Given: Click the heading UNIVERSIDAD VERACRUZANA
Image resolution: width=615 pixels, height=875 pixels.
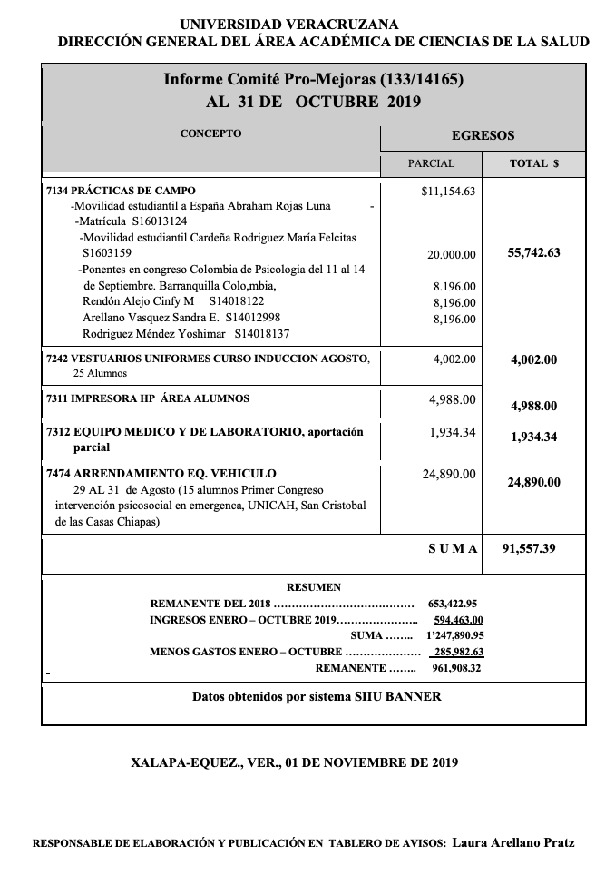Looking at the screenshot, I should pos(288,25).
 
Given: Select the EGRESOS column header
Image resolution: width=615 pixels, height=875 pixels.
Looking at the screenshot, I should pos(483,135).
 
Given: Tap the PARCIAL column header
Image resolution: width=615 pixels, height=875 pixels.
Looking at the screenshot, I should pos(431,163).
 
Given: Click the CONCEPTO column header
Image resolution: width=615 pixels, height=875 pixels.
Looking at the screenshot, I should pos(210,133).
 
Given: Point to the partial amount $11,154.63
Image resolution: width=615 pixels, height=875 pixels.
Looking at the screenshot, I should pos(448,192).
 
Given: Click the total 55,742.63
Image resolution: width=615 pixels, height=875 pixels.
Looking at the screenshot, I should pos(533,253).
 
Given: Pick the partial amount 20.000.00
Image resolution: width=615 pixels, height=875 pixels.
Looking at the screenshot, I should pos(451,255).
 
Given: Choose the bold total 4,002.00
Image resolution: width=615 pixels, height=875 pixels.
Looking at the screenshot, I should pos(533,359).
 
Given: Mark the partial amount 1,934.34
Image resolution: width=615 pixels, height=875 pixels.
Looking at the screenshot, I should pos(453,432).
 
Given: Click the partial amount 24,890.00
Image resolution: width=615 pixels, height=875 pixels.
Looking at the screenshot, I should pos(449,474).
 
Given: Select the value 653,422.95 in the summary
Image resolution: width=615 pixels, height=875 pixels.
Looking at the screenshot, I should pos(453,603).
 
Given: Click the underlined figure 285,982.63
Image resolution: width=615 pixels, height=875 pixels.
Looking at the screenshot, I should pos(458,652).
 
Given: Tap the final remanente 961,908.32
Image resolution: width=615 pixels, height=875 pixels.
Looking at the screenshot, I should pos(456,668).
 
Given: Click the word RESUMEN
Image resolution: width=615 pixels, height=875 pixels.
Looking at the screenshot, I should pos(313,587).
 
